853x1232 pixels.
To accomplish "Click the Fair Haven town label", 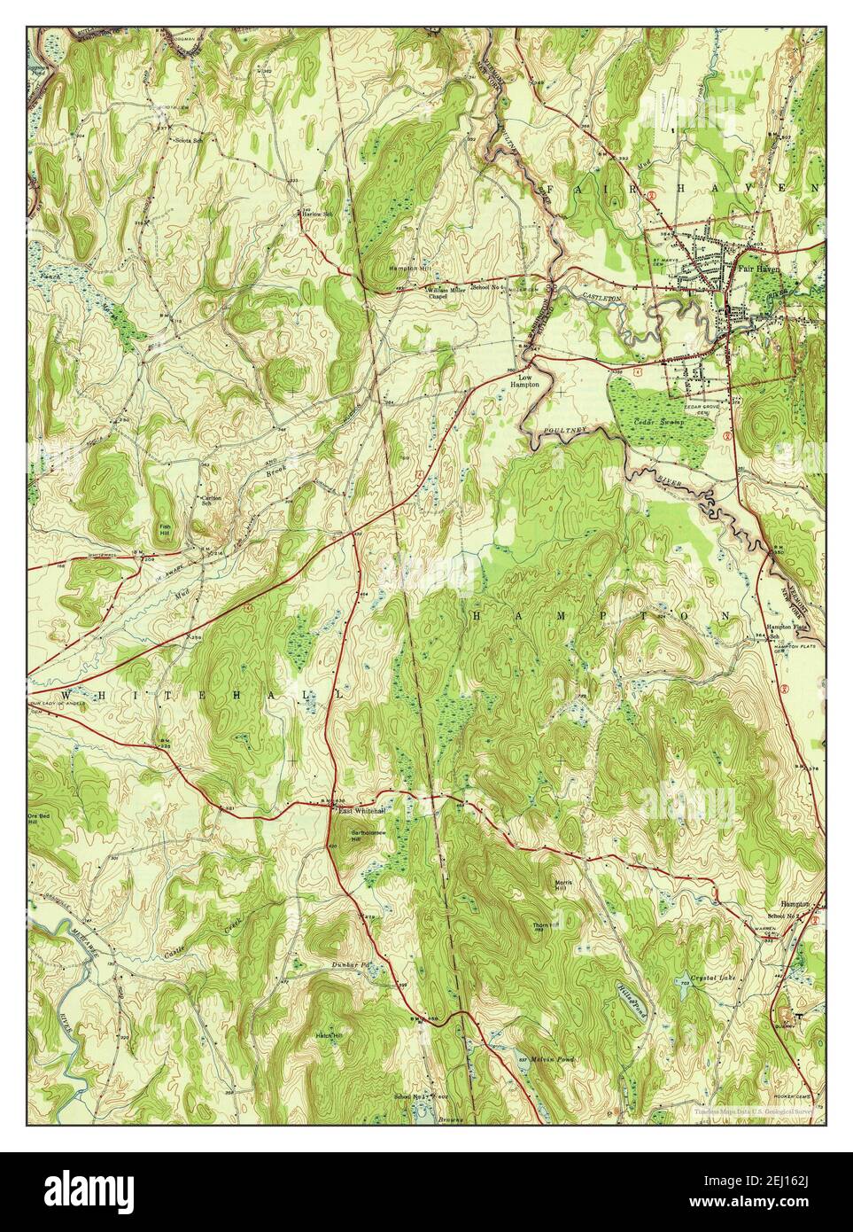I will point(758,272).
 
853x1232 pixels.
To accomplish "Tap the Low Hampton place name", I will point(531,380).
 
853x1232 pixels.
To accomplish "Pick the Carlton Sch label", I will point(210,500).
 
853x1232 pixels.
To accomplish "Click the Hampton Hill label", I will point(409,268).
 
